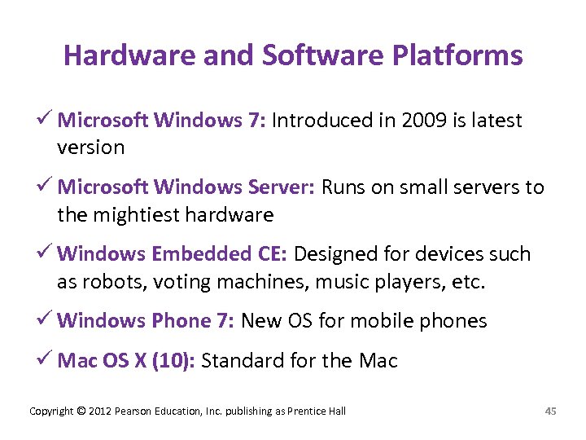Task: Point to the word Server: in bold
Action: [275, 187]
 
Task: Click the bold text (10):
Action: [171, 360]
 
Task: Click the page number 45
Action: [550, 411]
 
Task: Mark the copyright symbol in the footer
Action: [80, 411]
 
